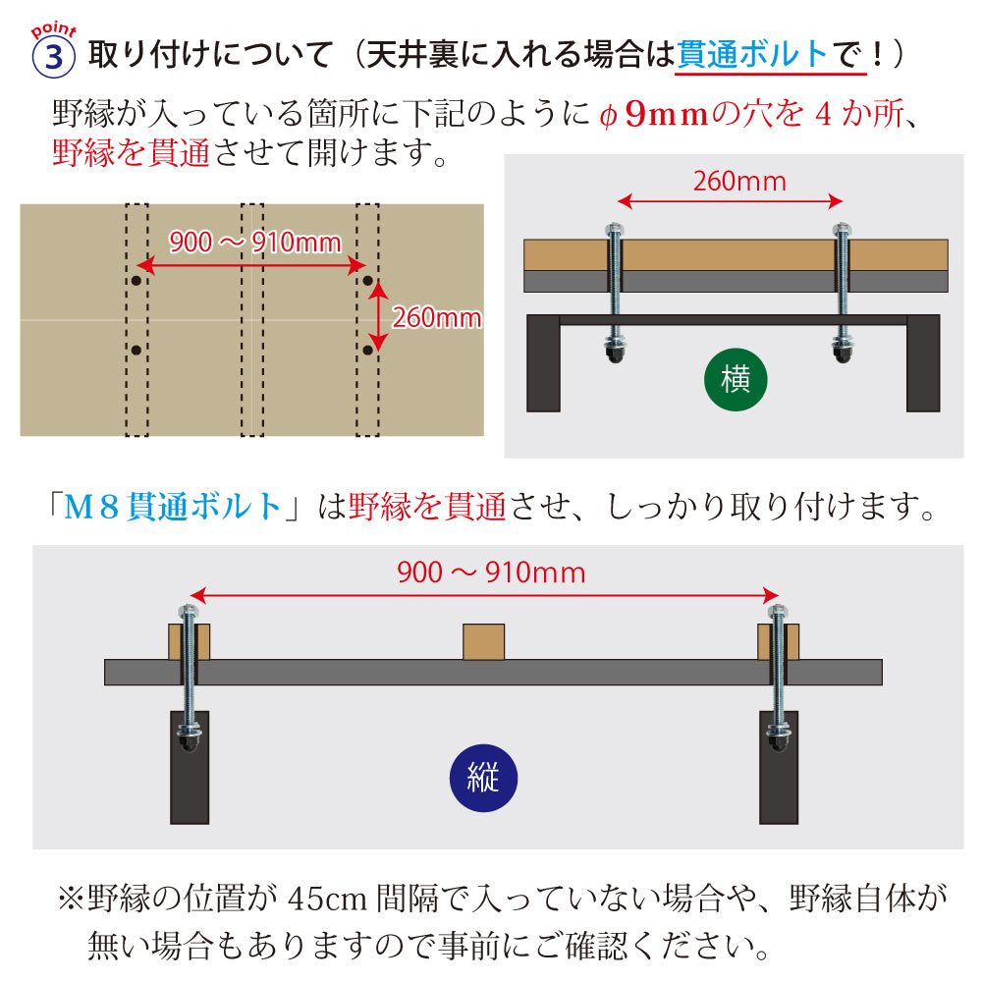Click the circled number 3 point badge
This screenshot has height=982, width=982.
(54, 56)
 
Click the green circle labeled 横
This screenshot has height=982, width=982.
(736, 380)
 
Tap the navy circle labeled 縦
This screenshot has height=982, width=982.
(483, 779)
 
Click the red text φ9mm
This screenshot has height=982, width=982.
(654, 116)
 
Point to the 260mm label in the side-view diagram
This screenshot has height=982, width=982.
(739, 182)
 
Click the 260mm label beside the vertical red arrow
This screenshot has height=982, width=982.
(436, 317)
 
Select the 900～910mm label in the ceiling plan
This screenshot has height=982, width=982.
(255, 242)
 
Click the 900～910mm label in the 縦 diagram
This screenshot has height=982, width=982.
(491, 573)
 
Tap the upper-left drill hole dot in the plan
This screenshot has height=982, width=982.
(136, 281)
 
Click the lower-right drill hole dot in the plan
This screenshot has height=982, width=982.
(367, 350)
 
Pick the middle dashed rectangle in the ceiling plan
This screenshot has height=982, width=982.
(252, 319)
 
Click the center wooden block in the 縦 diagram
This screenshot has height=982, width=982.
(483, 641)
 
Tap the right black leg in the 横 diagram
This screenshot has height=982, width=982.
(922, 363)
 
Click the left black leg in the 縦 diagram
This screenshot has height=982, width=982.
(190, 776)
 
